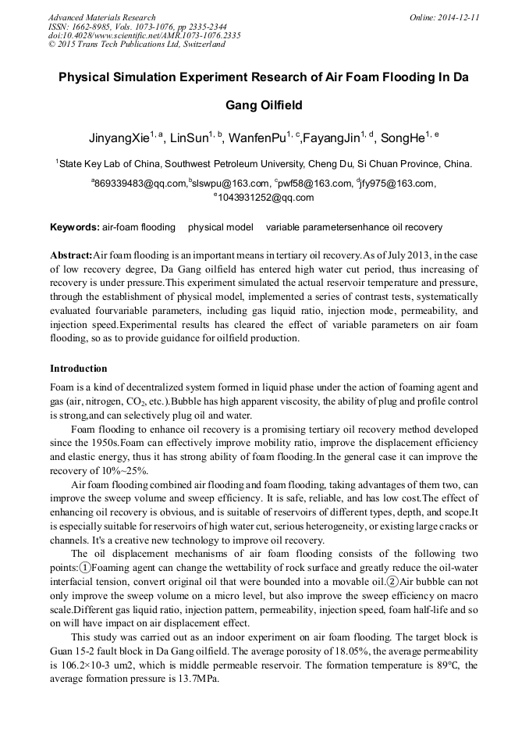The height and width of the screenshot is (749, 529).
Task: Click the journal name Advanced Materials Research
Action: pos(101,17)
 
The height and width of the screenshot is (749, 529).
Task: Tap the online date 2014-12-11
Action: pos(459,17)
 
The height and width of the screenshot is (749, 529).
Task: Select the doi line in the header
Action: pos(144,35)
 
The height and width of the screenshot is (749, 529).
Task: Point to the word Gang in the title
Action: pos(243,105)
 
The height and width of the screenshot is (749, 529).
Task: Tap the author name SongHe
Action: pos(407,138)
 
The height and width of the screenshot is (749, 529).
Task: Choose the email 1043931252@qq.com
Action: pos(266,198)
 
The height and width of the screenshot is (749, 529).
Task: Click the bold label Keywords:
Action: pos(74,227)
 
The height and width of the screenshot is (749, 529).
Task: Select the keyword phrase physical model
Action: pos(221,227)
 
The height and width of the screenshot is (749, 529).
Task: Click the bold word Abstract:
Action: pos(71,256)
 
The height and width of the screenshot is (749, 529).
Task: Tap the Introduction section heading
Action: pos(79,368)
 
